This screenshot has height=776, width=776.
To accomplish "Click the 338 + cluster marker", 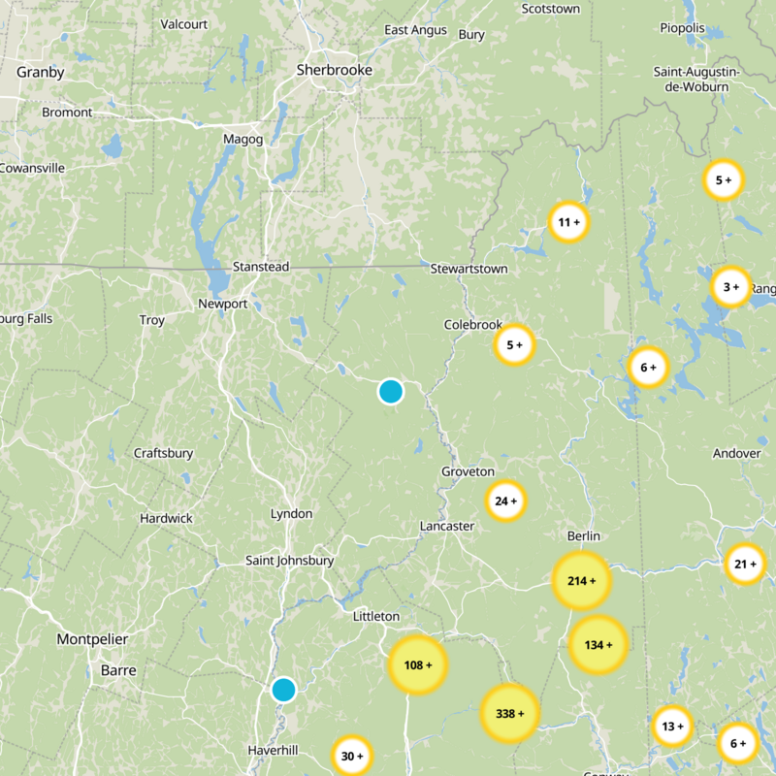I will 509,713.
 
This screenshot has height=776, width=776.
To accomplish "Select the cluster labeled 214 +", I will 581,581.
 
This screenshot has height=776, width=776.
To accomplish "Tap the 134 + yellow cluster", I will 598,645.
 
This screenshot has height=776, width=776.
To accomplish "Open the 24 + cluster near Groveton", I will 505,501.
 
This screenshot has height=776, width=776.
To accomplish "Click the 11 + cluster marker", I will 568,222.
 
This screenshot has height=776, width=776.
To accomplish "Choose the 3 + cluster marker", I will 730,286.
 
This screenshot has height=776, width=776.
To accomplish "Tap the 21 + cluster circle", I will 745,565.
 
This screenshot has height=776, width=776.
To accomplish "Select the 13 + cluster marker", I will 671,726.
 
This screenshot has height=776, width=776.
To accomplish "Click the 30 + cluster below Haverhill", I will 351,756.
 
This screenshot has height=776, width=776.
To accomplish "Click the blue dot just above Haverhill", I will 283,690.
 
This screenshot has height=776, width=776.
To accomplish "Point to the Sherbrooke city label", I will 334,70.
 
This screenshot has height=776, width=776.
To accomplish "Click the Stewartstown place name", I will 469,269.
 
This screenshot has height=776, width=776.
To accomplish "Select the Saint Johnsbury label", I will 289,561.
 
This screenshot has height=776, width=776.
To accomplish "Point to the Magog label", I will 242,139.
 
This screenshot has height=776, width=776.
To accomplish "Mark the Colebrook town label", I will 473,325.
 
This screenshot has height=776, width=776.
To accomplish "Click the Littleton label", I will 375,616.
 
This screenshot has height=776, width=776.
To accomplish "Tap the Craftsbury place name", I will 163,453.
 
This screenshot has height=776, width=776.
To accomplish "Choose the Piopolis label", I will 682,28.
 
